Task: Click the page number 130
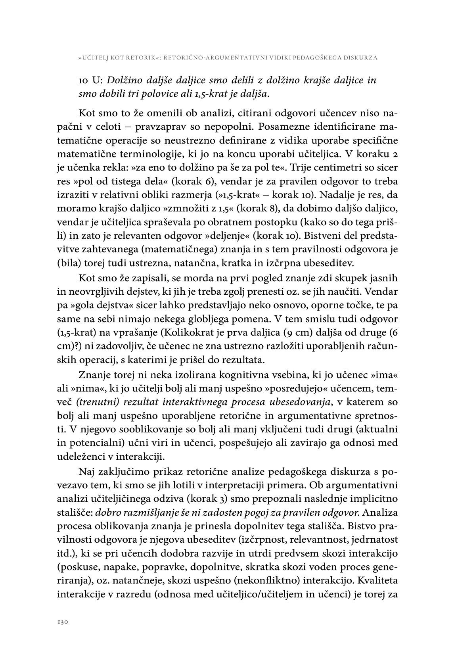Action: (x=63, y=622)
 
